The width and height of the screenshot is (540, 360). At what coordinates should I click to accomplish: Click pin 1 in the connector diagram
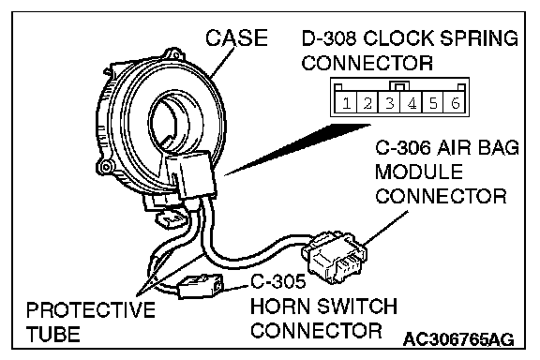pyautogui.click(x=346, y=102)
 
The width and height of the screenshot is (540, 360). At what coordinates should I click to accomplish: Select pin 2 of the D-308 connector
pyautogui.click(x=367, y=102)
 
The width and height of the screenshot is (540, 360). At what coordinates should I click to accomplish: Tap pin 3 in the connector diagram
pyautogui.click(x=389, y=102)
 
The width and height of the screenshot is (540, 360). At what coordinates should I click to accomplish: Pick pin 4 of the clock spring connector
pyautogui.click(x=412, y=102)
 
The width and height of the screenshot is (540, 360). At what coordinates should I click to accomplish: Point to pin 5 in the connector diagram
pyautogui.click(x=433, y=102)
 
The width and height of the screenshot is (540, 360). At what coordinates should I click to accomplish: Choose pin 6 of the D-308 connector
pyautogui.click(x=456, y=102)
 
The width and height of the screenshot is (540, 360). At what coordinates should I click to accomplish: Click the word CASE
pyautogui.click(x=236, y=37)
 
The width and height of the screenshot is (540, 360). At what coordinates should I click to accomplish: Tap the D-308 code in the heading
pyautogui.click(x=329, y=37)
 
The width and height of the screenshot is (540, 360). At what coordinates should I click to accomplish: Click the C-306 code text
pyautogui.click(x=403, y=147)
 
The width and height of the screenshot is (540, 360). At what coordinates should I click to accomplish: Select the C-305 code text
pyautogui.click(x=277, y=281)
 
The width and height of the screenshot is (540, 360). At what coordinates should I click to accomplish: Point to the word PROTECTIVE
pyautogui.click(x=91, y=309)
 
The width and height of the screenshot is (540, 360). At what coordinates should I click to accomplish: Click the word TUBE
pyautogui.click(x=53, y=334)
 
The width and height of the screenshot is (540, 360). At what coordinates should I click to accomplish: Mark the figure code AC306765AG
pyautogui.click(x=458, y=339)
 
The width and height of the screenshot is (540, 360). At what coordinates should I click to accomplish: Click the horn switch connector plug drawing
pyautogui.click(x=200, y=286)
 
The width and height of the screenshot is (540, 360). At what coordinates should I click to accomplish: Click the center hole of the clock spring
pyautogui.click(x=169, y=123)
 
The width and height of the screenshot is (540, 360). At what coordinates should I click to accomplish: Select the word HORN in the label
pyautogui.click(x=279, y=307)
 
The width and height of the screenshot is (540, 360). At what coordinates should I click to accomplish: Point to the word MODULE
pyautogui.click(x=419, y=172)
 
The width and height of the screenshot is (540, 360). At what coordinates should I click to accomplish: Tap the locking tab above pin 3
pyautogui.click(x=399, y=85)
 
